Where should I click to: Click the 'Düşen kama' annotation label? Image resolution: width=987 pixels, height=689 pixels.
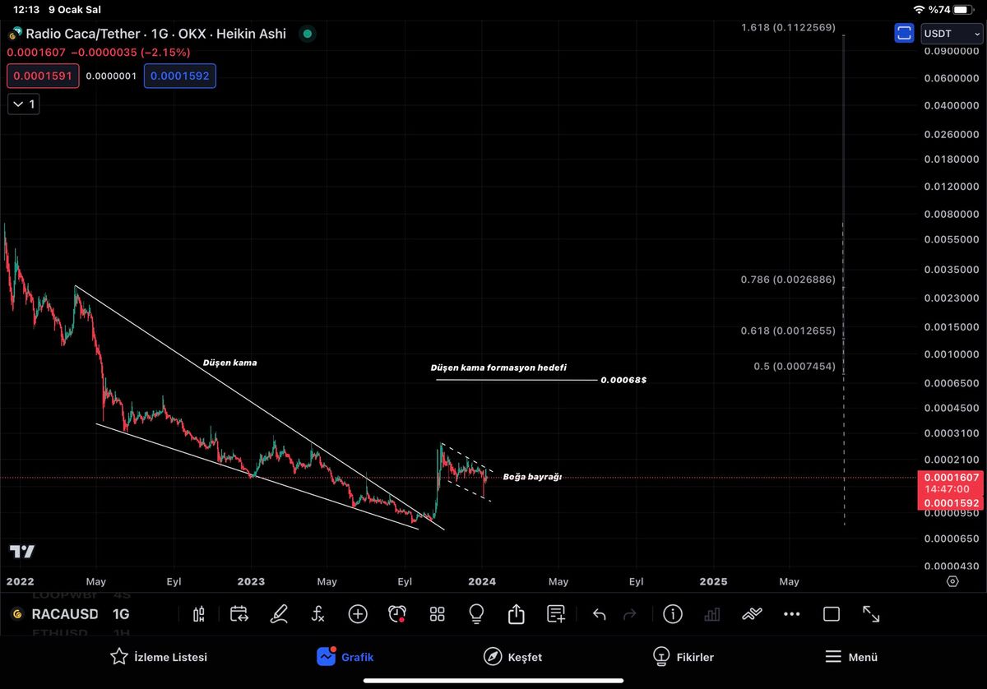[x=229, y=362]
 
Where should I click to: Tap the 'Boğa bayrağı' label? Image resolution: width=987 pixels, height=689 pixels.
[x=532, y=477]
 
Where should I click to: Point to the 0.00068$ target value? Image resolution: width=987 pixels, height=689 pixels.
[x=623, y=381]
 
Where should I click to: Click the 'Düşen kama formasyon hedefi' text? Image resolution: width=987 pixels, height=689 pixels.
[x=498, y=368]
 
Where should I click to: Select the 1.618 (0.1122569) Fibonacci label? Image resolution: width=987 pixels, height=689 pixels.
[x=788, y=28]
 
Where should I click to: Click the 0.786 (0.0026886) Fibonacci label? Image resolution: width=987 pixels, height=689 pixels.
[x=788, y=280]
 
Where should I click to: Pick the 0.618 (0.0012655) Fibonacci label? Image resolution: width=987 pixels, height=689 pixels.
[x=788, y=331]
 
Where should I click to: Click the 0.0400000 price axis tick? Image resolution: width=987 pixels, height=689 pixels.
[x=951, y=106]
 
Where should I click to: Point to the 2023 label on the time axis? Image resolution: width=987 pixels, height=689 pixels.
[x=251, y=581]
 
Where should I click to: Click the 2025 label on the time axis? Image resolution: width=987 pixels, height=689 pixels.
[x=713, y=581]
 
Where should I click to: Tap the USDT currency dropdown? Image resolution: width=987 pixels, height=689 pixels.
[x=952, y=34]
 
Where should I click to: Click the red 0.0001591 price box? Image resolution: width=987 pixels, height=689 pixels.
[x=43, y=76]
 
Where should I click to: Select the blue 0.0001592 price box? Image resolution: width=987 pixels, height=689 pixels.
[x=179, y=76]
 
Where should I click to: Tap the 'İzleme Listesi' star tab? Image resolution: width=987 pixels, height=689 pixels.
[x=159, y=657]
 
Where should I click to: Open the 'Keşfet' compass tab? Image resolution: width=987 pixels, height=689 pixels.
[x=513, y=657]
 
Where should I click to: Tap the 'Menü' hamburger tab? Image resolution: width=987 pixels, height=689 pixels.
[x=851, y=657]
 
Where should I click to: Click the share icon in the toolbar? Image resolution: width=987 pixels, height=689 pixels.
[x=517, y=614]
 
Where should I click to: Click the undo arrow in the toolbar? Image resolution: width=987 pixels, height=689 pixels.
[x=600, y=614]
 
